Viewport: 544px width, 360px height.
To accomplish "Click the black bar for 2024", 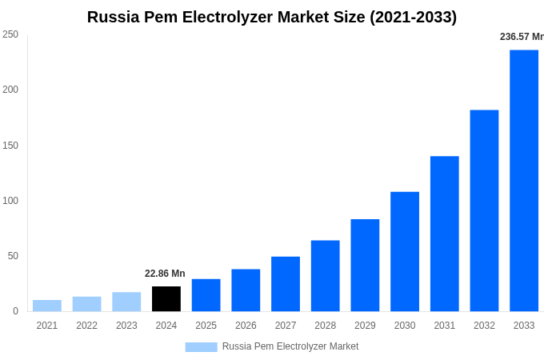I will tap(166, 299).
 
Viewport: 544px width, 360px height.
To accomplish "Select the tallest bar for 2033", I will tap(524, 181).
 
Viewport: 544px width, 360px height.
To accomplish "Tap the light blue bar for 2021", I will tap(47, 306).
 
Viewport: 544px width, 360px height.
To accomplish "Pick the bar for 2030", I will tap(405, 251).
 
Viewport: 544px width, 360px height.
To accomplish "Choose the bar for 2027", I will tap(286, 284).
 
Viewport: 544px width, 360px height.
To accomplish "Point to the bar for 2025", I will tap(206, 295).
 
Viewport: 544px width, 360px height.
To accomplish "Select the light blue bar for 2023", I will tap(126, 302).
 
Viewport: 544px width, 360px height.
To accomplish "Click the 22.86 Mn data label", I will tap(165, 274).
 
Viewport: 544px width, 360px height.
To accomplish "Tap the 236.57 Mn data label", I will tap(521, 37).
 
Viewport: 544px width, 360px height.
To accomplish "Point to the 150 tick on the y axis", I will tap(10, 145).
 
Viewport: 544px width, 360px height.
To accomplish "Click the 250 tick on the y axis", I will tap(10, 34).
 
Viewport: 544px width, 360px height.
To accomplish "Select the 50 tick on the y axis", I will tap(13, 256).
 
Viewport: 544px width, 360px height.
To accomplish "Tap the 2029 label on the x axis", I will tap(365, 326).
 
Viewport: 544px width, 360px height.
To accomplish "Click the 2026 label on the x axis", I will tap(246, 326).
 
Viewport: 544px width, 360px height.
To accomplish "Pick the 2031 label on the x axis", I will tap(444, 326).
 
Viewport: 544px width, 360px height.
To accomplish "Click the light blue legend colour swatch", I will tap(201, 346).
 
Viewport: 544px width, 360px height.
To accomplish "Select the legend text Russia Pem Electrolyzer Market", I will tap(290, 346).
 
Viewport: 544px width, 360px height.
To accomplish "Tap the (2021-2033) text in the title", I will tap(413, 17).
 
